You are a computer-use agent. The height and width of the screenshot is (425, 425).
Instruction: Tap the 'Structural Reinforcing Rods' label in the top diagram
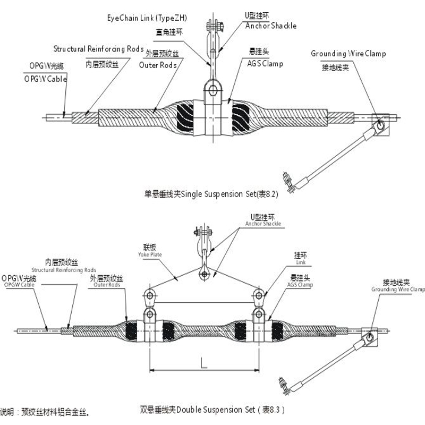point(98,49)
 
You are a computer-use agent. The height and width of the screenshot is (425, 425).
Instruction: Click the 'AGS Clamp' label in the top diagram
point(266,64)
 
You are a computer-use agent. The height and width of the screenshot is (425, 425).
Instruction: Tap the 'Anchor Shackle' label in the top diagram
point(270,25)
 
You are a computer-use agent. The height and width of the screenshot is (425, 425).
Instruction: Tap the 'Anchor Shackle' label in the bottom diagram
point(263,224)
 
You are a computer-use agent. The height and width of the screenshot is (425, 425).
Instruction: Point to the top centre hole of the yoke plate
point(204,274)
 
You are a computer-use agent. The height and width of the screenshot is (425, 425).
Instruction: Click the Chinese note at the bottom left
point(48,411)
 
